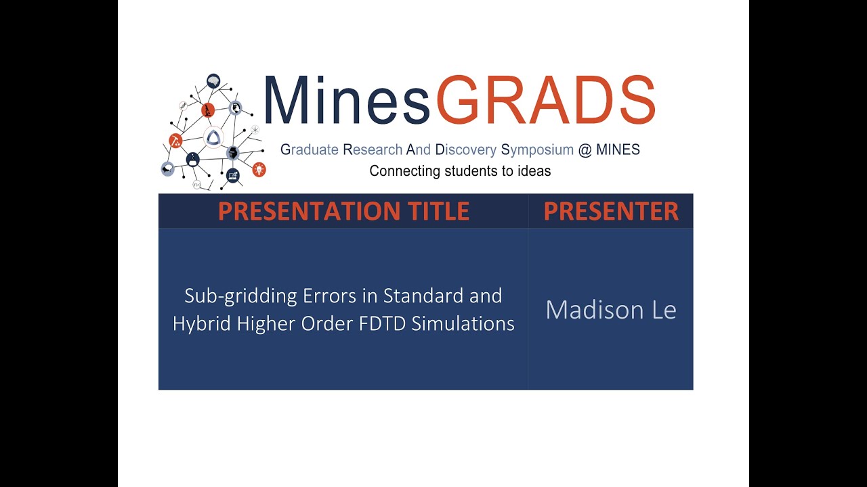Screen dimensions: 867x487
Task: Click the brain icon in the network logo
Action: (x=213, y=80)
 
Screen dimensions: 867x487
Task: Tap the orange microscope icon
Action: (x=208, y=110)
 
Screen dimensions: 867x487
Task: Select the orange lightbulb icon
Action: (x=259, y=169)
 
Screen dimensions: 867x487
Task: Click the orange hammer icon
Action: (x=175, y=141)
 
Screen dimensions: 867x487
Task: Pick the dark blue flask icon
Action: (x=193, y=159)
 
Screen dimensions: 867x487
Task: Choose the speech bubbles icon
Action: (x=167, y=169)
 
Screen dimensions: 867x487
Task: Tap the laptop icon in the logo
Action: (x=233, y=176)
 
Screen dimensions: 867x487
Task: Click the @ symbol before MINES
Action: (x=585, y=150)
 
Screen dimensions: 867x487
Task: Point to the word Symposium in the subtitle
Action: (x=537, y=150)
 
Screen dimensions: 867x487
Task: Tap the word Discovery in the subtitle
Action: (x=465, y=150)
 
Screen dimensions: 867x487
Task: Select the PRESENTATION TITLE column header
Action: (x=343, y=211)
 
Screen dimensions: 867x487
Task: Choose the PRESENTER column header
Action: (x=611, y=211)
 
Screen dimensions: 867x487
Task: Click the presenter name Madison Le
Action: (x=611, y=310)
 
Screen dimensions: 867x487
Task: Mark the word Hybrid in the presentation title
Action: (x=202, y=324)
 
